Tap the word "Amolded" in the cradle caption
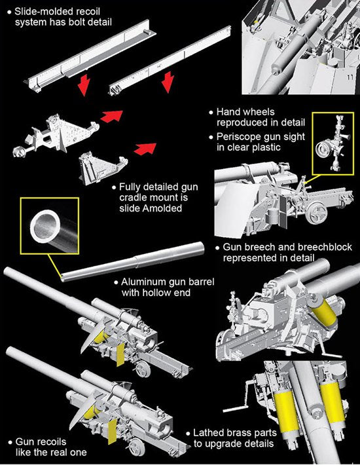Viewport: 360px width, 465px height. [x=162, y=208]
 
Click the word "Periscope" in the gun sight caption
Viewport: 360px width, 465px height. [x=238, y=137]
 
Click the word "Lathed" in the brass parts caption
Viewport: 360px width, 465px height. [x=207, y=433]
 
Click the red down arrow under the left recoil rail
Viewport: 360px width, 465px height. [x=84, y=85]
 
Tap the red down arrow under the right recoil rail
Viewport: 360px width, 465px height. [x=168, y=82]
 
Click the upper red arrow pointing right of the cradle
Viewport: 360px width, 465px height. [x=112, y=115]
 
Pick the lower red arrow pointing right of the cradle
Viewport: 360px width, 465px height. [x=145, y=148]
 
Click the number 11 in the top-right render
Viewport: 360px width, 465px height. [x=350, y=78]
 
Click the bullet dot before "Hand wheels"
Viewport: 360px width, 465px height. [x=211, y=113]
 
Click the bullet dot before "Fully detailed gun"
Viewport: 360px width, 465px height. [x=114, y=187]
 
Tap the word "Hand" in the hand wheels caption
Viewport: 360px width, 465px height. [x=228, y=112]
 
